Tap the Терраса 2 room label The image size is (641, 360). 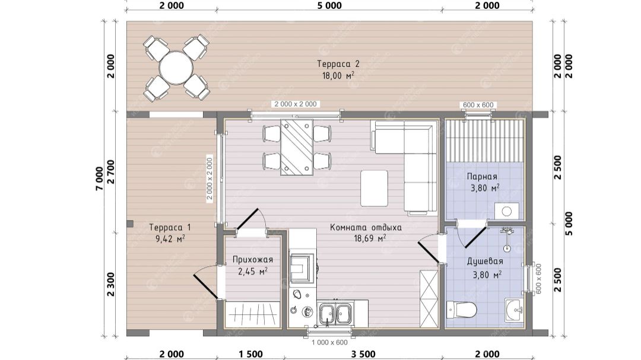(338, 63)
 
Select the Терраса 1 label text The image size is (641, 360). (170, 227)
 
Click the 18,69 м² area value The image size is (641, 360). (370, 238)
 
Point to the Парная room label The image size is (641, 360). (482, 177)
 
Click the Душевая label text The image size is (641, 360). (485, 261)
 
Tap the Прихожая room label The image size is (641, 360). (253, 260)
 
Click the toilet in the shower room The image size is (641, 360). (461, 310)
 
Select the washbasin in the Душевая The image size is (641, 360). (514, 310)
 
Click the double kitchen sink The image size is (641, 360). (335, 313)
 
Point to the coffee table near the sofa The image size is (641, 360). (374, 189)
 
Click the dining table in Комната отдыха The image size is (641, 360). (297, 147)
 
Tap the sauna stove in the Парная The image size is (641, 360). (507, 211)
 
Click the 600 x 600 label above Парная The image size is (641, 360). (478, 105)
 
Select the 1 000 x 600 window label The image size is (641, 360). (329, 342)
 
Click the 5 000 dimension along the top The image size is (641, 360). (329, 5)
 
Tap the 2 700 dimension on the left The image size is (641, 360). (110, 172)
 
